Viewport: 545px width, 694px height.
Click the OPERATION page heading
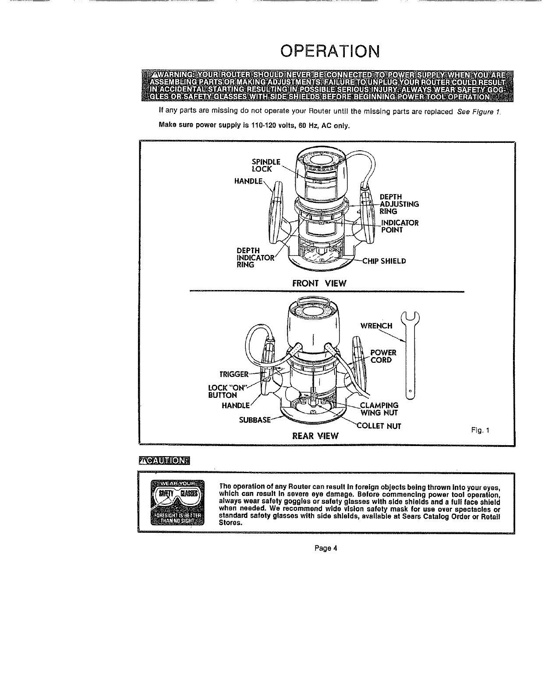pos(330,51)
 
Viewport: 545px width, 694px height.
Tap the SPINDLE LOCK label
pos(265,165)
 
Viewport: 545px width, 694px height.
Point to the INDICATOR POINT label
pos(400,226)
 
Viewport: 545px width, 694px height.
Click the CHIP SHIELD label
pos(384,261)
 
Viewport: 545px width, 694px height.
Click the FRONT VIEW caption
pos(319,283)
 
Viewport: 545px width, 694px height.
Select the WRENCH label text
pos(375,326)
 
